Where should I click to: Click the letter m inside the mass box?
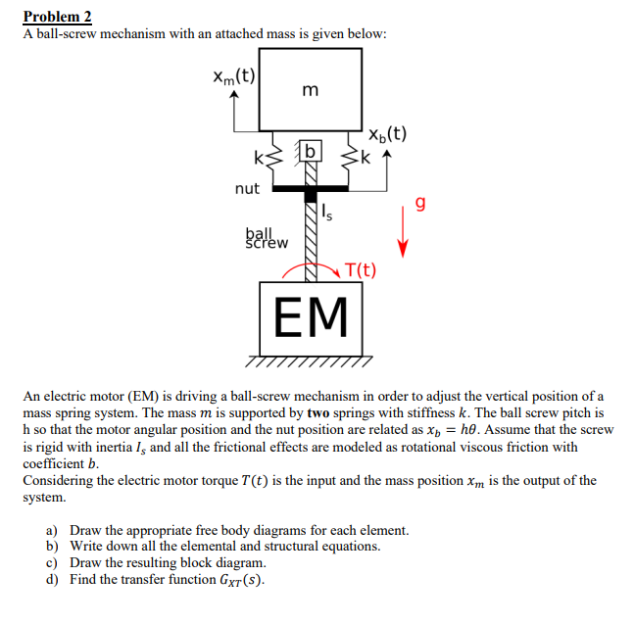(x=311, y=91)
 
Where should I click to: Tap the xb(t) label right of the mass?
(x=388, y=135)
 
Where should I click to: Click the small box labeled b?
(x=311, y=151)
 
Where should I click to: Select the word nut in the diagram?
(x=247, y=188)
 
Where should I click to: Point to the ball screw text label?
(x=265, y=238)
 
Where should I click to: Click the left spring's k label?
(x=258, y=159)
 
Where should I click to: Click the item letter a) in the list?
(x=52, y=531)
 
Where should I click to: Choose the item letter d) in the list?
(x=52, y=579)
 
